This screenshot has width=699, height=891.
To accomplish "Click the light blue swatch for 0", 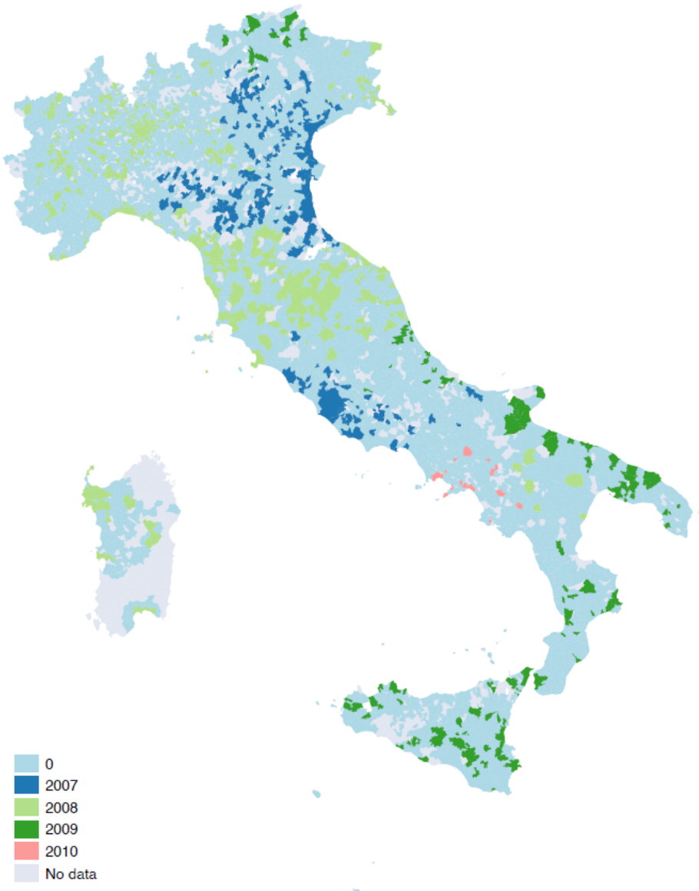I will click(x=26, y=763).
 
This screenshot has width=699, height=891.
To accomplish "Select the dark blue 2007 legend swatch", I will click(x=26, y=785).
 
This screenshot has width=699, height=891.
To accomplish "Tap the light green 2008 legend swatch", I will click(x=26, y=807).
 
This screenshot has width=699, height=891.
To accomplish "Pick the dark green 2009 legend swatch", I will click(x=26, y=829).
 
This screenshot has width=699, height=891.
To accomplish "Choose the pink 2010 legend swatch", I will click(x=26, y=851).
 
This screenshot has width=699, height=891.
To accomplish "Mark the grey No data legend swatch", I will click(x=26, y=873).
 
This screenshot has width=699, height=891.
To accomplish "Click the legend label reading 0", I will click(x=49, y=763).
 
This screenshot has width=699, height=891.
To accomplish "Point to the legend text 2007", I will click(x=61, y=785).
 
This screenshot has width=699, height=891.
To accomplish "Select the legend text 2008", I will click(x=61, y=807).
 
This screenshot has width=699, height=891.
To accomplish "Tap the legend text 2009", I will click(x=61, y=829).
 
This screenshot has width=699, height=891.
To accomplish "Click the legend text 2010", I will click(x=61, y=851).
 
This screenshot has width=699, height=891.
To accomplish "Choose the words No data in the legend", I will click(x=71, y=873).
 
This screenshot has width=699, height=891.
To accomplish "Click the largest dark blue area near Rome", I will click(x=332, y=405).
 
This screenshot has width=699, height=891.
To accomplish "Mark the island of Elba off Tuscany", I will click(x=204, y=337).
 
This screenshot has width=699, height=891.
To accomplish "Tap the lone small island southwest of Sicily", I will click(x=316, y=793).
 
